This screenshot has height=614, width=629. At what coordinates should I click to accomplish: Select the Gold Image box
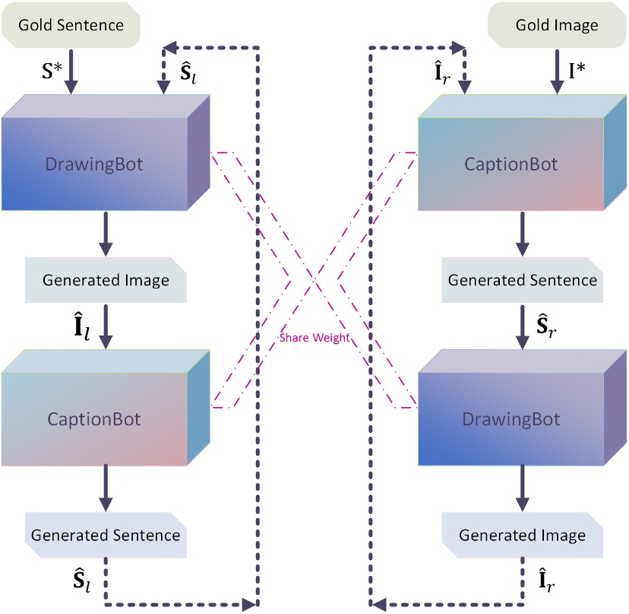[557, 25]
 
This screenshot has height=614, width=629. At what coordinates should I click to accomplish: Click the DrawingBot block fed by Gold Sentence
[95, 164]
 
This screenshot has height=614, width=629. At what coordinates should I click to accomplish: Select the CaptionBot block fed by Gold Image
[512, 164]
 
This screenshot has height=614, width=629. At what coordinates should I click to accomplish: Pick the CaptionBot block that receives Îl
[95, 418]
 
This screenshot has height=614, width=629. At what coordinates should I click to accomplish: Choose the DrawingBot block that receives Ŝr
[512, 418]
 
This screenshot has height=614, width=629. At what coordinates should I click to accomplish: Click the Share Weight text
[314, 338]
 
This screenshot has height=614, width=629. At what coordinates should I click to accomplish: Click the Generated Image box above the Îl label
[106, 280]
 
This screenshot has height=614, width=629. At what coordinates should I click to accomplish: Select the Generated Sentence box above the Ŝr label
[522, 280]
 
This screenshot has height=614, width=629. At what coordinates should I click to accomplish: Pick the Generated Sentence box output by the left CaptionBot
[106, 534]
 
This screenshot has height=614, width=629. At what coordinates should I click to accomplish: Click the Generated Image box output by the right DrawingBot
[522, 535]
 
